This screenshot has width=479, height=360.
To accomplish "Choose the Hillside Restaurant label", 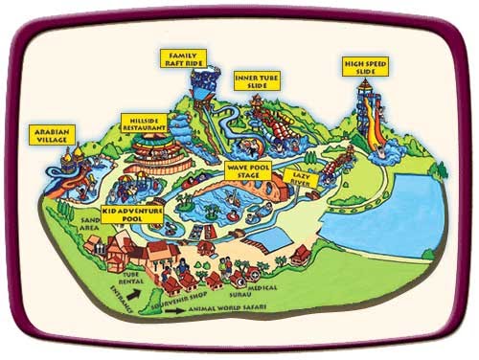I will coord(146,124).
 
